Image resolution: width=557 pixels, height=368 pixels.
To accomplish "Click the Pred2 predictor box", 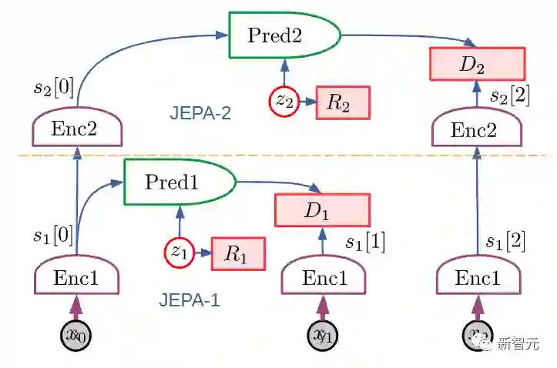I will tap(284, 35).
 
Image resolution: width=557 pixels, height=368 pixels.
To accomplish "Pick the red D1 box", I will tap(322, 210).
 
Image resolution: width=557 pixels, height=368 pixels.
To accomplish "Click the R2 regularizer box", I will tap(343, 102).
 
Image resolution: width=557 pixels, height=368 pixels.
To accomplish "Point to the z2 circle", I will tap(284, 102).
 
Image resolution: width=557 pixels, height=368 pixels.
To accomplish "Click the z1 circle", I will tap(179, 252).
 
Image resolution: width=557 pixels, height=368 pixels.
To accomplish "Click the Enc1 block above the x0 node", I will tap(75, 277).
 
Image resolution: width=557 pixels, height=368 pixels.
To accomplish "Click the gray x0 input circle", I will tap(75, 336).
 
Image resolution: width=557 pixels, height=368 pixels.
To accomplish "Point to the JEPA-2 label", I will tap(200, 113).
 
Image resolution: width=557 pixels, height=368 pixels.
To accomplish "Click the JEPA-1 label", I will tap(190, 300).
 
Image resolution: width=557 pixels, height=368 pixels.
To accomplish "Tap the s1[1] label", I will tap(365, 243).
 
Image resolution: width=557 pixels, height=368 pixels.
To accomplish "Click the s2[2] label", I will tap(510, 98).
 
